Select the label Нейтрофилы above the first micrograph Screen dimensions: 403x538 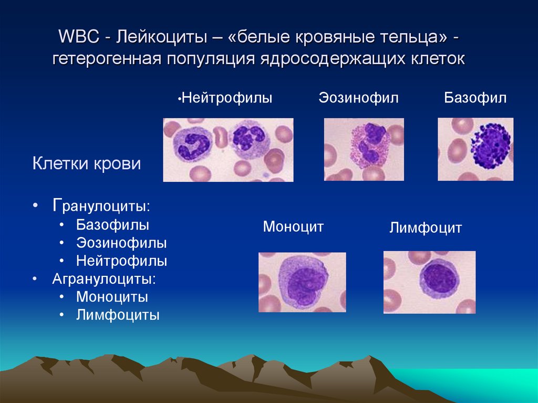click(x=227, y=98)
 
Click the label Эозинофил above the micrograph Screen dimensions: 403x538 click(x=358, y=98)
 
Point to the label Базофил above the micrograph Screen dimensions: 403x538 click(x=475, y=98)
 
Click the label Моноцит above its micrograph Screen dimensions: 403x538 click(x=293, y=226)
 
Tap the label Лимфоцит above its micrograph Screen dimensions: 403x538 click(x=426, y=228)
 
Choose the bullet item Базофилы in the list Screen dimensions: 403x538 click(x=112, y=225)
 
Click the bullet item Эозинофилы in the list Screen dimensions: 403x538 click(x=121, y=243)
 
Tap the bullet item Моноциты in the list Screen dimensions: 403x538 click(x=112, y=297)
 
